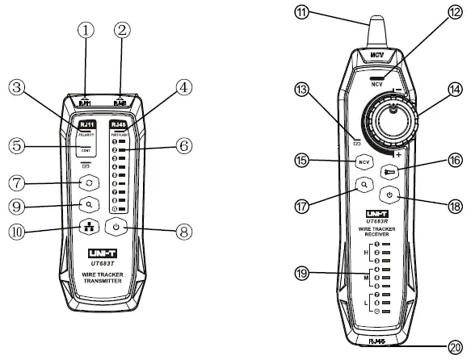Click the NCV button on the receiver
click(364, 161)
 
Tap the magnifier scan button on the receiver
click(365, 184)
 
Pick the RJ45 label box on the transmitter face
click(118, 125)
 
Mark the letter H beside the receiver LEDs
click(368, 250)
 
